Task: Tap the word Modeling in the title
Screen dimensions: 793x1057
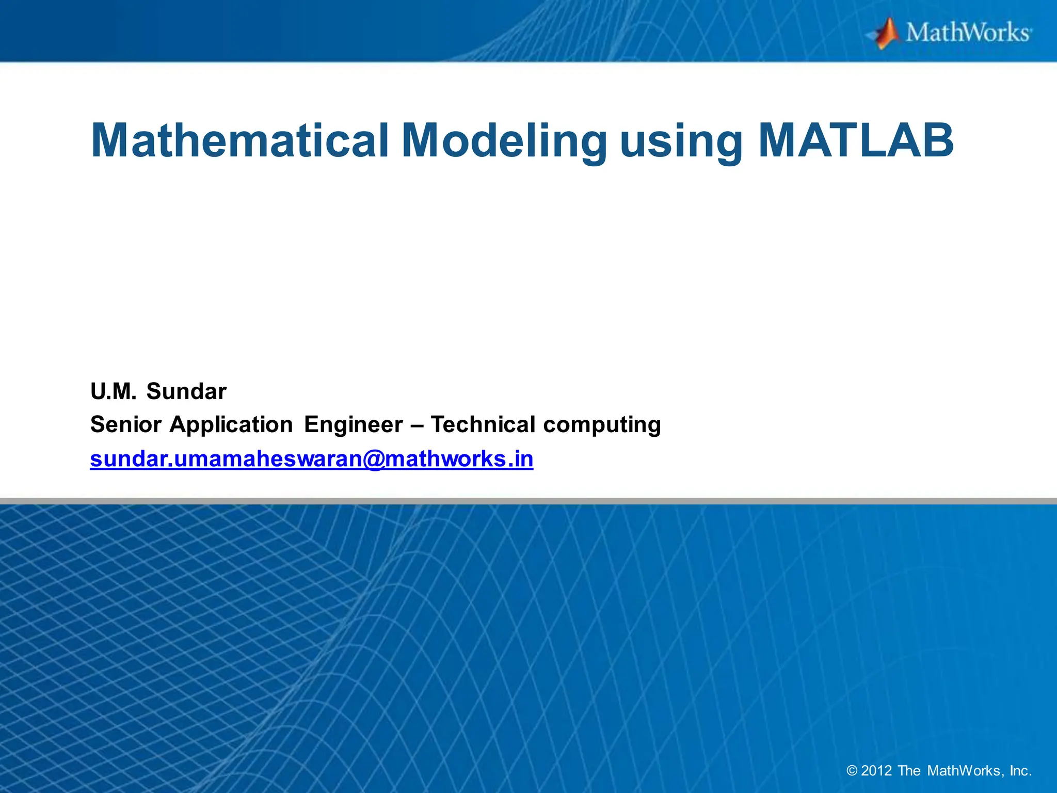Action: point(504,140)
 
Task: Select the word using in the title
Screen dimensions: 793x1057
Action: point(681,140)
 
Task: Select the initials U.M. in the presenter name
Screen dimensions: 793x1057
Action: point(114,391)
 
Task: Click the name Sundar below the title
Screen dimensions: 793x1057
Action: point(186,391)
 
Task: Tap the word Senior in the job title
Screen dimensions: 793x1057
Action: point(126,425)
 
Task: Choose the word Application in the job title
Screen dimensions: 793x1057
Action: point(231,425)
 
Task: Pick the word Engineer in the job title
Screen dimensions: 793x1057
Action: point(354,425)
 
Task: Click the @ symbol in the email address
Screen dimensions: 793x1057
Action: point(374,459)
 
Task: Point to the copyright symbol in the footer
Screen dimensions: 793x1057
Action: point(852,771)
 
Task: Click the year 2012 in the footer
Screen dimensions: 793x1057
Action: point(876,771)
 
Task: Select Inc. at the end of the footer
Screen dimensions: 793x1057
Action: point(1020,771)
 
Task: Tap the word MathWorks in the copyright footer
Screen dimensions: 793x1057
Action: point(965,771)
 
